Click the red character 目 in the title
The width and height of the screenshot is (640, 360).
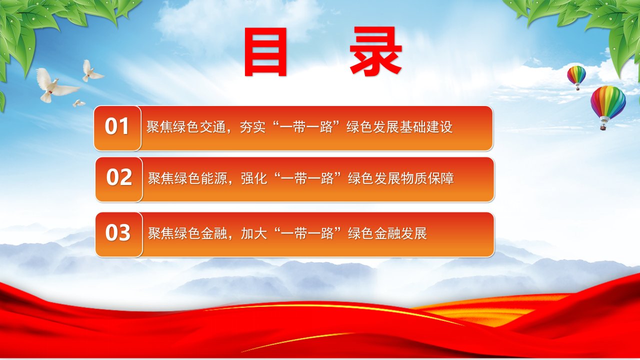click(265, 51)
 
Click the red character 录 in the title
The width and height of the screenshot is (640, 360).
click(376, 51)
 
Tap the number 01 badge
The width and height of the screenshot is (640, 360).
click(117, 128)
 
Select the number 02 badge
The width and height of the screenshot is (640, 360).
click(119, 179)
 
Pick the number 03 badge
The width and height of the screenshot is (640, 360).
click(119, 234)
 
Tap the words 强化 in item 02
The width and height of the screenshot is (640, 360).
click(254, 178)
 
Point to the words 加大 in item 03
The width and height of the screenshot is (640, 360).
click(254, 233)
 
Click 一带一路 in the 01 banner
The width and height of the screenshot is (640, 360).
click(306, 127)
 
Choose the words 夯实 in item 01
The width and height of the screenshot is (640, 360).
click(253, 127)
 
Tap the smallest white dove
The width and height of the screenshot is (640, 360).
click(78, 103)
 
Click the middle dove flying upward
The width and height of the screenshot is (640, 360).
click(91, 71)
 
